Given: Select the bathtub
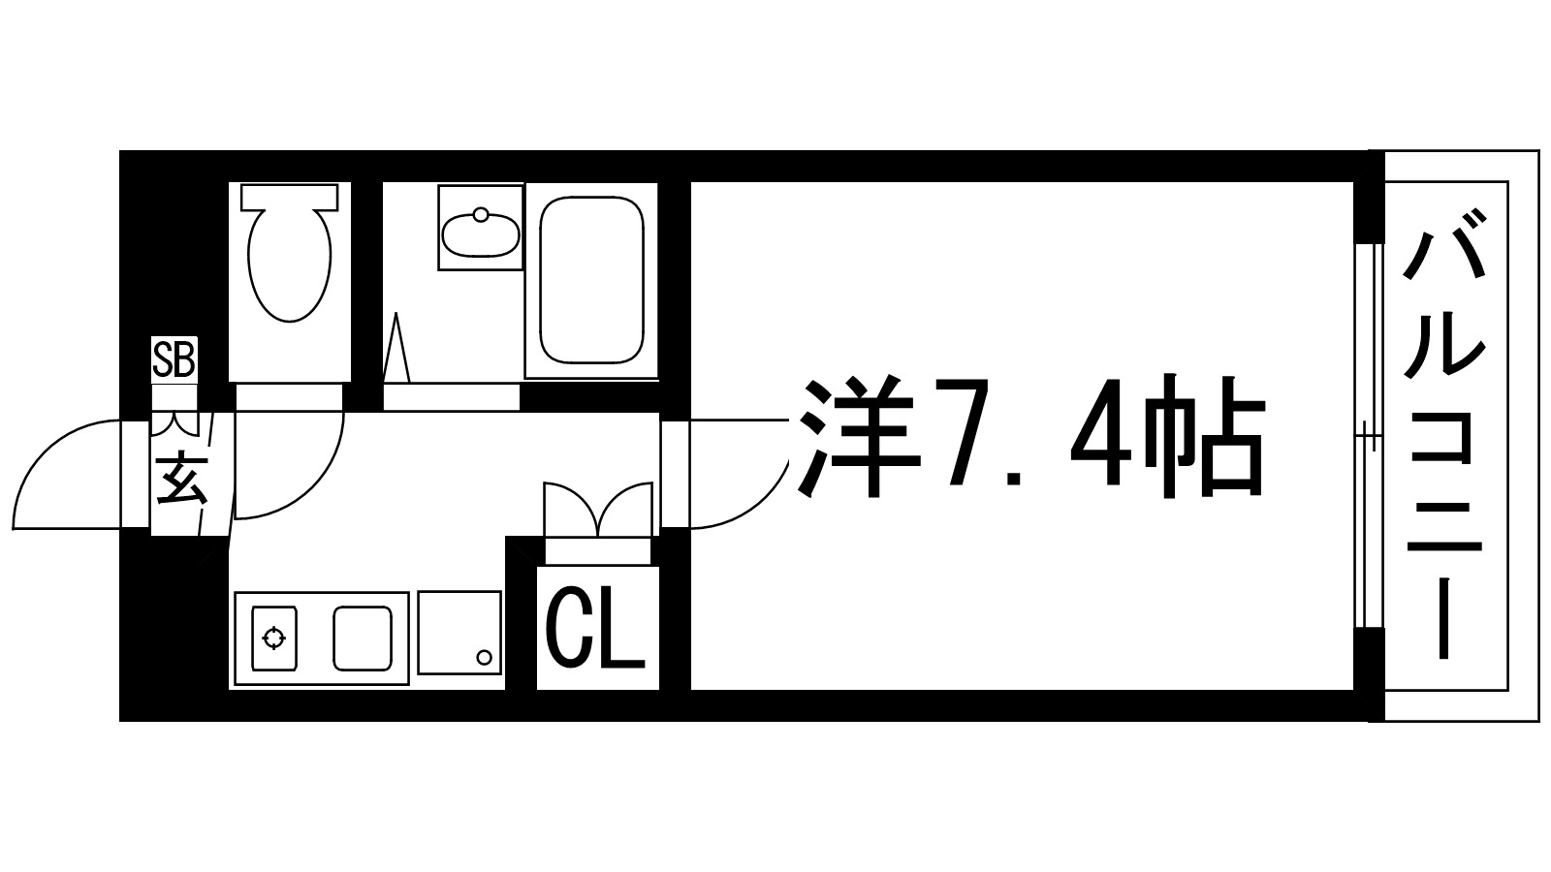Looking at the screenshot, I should click(590, 280).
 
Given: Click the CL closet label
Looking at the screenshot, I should click(596, 630).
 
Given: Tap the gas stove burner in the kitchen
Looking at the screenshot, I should click(274, 638).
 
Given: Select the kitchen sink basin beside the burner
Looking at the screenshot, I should click(363, 638).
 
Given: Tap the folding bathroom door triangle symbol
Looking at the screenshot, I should click(396, 349).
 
